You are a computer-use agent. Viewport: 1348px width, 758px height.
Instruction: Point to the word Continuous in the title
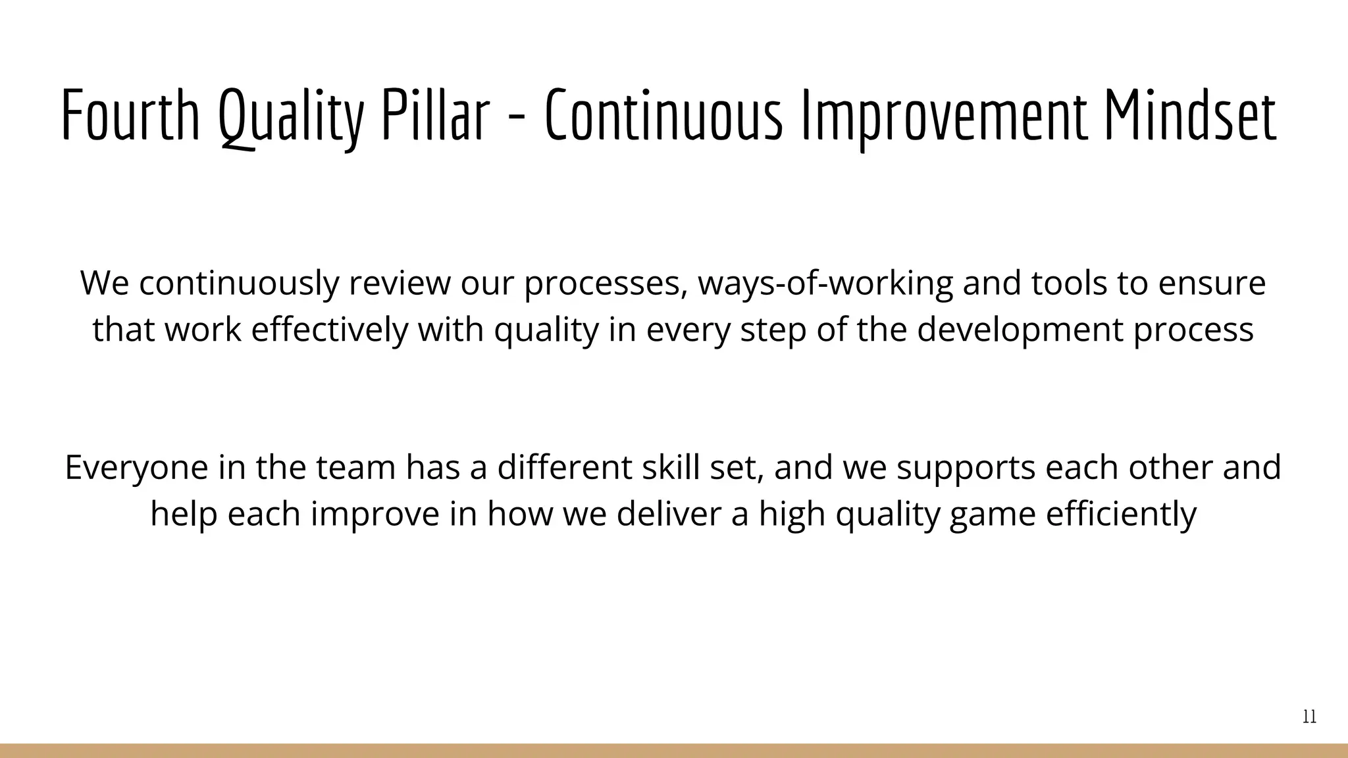[664, 116]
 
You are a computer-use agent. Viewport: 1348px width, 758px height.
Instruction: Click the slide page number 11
[1309, 717]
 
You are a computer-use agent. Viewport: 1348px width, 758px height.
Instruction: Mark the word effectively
[330, 330]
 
